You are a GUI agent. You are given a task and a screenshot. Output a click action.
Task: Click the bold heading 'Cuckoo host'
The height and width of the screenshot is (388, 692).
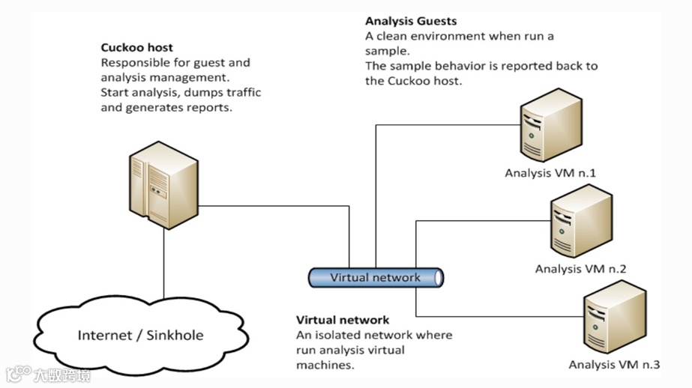[x=136, y=48]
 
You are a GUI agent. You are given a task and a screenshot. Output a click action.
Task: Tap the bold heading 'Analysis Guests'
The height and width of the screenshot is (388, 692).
[x=410, y=21]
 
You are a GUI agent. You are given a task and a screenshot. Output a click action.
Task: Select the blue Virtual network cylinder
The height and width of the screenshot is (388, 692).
[x=376, y=277]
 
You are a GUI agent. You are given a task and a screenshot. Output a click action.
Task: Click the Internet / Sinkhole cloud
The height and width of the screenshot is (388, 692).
[x=140, y=335]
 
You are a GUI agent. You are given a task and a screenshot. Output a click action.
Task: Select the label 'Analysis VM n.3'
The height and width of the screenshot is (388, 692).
[x=614, y=365]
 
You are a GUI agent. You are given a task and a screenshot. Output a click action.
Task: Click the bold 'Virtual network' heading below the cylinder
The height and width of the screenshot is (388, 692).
[x=343, y=320]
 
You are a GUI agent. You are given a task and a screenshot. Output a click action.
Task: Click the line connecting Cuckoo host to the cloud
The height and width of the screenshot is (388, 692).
[x=163, y=262]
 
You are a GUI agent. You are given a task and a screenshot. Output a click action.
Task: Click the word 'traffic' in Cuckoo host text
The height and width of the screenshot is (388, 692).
[x=241, y=92]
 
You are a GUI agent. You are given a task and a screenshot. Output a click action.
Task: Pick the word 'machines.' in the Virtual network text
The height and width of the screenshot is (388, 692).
[x=325, y=365]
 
